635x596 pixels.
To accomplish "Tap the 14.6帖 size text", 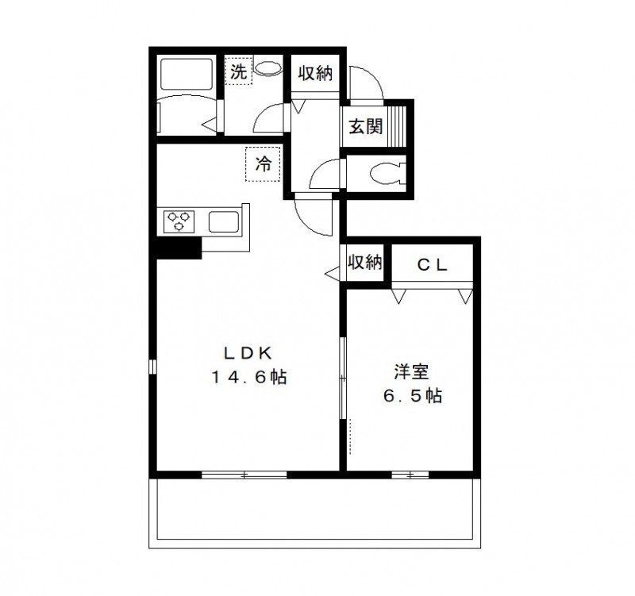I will point(248,378).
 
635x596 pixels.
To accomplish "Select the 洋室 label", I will point(412,371).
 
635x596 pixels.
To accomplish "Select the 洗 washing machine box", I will point(238,71).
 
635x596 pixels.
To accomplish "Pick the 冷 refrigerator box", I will point(264,165).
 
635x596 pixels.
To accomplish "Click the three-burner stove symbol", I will point(180,220).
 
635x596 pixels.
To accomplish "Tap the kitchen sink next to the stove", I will point(225,220).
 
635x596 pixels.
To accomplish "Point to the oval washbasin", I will point(269,69).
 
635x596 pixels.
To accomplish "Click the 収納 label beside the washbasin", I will point(315,73).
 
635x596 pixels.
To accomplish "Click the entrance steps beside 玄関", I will point(399,125).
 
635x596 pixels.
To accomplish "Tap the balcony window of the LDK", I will point(244,475).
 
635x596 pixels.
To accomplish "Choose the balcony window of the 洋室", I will point(410,475).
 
